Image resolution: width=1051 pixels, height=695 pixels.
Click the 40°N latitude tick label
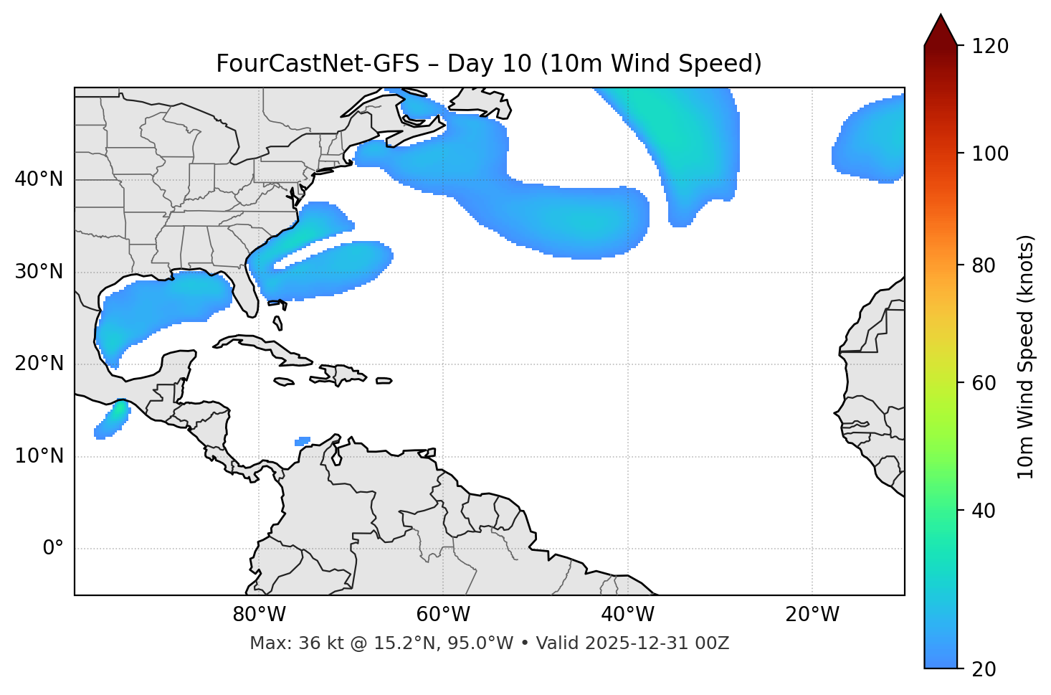click(x=39, y=179)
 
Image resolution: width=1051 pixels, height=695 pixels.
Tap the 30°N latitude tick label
click(x=39, y=272)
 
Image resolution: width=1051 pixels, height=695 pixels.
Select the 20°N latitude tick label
click(x=39, y=364)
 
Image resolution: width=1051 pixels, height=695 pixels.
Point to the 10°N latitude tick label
click(x=39, y=456)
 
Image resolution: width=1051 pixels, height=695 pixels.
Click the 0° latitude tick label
click(x=52, y=549)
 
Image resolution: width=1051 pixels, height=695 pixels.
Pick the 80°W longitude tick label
click(x=259, y=615)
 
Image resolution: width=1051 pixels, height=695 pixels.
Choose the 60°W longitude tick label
click(x=443, y=615)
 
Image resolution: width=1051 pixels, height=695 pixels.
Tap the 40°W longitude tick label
click(x=627, y=615)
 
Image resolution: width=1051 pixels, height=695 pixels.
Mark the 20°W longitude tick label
click(x=812, y=615)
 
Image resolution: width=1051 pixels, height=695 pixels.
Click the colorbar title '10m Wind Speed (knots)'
click(x=1026, y=357)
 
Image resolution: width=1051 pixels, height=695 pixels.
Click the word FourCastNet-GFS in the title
click(x=317, y=64)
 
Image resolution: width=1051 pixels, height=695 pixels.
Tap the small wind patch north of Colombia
click(x=303, y=441)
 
